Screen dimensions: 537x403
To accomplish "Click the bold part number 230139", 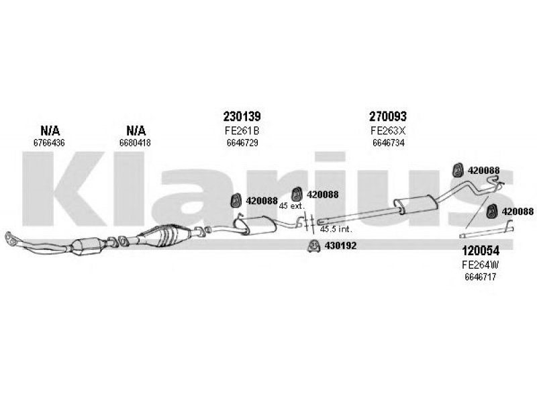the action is [x=242, y=116].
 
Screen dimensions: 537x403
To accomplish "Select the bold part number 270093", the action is [x=388, y=116].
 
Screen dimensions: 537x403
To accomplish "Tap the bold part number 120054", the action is [x=481, y=251].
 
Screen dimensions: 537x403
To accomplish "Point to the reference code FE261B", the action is [x=242, y=130].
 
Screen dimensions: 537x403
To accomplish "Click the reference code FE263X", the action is [x=388, y=130].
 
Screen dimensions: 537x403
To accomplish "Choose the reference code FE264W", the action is [x=480, y=265].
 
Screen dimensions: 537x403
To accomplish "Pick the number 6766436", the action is [x=49, y=142].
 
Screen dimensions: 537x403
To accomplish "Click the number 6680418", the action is [x=135, y=142].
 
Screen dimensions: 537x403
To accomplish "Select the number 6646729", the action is [x=242, y=142].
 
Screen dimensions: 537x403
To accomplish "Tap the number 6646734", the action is [x=389, y=142].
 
